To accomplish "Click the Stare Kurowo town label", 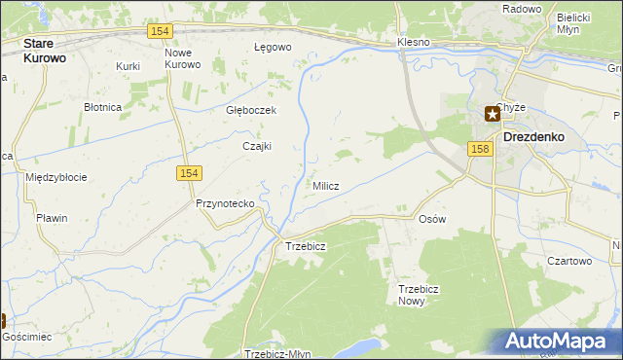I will pyautogui.click(x=51, y=51).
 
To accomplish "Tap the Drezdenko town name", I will pyautogui.click(x=533, y=137).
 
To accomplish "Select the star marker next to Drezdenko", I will pyautogui.click(x=493, y=114).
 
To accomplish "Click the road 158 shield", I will pyautogui.click(x=478, y=149).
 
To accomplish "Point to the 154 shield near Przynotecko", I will pyautogui.click(x=189, y=172).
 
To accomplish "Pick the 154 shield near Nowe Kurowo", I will pyautogui.click(x=161, y=32).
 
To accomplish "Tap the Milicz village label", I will pyautogui.click(x=325, y=186).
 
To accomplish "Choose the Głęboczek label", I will pyautogui.click(x=251, y=111).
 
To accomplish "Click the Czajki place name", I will pyautogui.click(x=256, y=146).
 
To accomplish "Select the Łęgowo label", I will pyautogui.click(x=273, y=47).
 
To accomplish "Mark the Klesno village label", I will pyautogui.click(x=414, y=44).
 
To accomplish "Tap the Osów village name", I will pyautogui.click(x=431, y=219).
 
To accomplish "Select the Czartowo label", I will pyautogui.click(x=569, y=261).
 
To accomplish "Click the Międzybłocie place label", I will pyautogui.click(x=56, y=177).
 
